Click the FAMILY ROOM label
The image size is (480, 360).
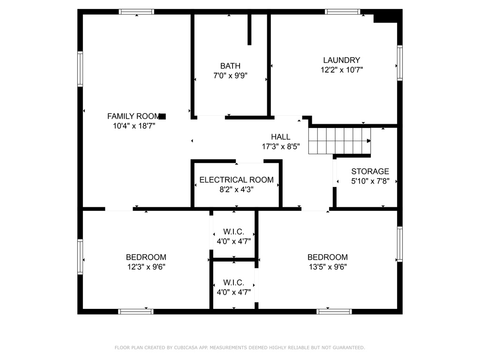coord(134,116)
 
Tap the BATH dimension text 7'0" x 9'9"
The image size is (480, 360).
coord(230,75)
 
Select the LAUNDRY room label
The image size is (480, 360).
coord(342,60)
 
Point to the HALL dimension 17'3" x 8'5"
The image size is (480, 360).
coord(281,146)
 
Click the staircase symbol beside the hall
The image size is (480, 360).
coord(339,141)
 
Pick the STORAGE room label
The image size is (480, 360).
coord(370,171)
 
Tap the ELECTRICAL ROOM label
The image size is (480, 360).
coord(236,180)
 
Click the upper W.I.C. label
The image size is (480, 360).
coord(233,232)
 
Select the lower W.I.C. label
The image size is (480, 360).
coord(233,282)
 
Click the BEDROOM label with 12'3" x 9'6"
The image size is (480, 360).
coord(146,257)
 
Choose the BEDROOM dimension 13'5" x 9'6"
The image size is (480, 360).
coord(328,267)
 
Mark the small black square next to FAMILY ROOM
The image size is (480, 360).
coord(163,116)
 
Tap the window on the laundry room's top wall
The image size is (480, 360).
coord(342,12)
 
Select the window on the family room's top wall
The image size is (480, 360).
coord(136,12)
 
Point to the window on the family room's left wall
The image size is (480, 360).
coord(80,69)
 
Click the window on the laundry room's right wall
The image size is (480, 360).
coord(400,63)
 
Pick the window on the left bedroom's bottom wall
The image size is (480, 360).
coord(135,312)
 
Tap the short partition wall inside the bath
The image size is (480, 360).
coord(249,30)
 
